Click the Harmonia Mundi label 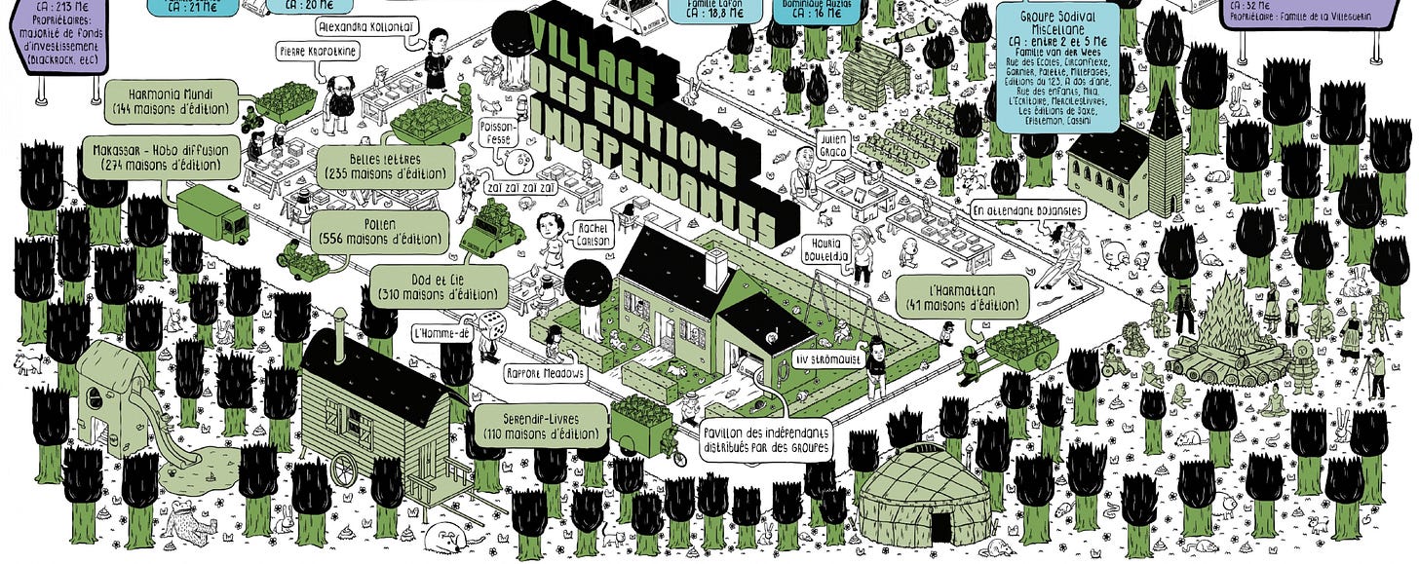(170, 99)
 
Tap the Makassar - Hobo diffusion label (161, 159)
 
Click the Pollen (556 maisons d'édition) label (379, 233)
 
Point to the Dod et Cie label (440, 285)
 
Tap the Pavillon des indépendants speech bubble (769, 439)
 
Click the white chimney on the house (717, 269)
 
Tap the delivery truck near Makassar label (212, 215)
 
